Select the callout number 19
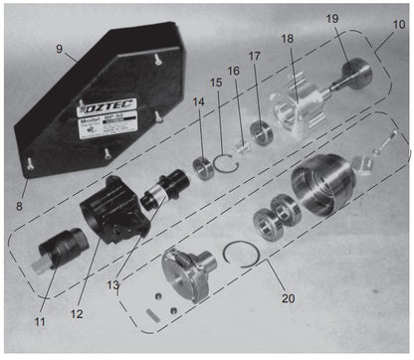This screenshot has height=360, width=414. pos(332,18)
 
